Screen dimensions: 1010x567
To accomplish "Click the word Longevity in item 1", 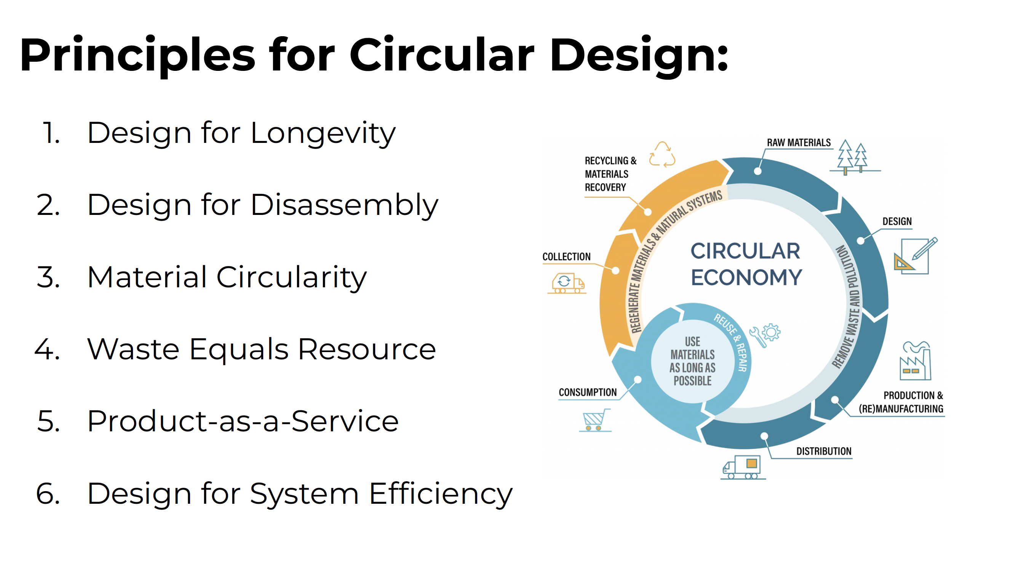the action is coord(323,134).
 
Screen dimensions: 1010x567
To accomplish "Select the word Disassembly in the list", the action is coord(345,206).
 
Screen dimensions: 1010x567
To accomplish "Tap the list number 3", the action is coord(49,277).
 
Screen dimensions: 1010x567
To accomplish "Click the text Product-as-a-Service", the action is coord(243,421).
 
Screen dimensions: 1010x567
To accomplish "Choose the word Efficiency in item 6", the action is coord(441,494).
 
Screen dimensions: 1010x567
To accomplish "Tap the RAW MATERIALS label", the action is coord(799,143).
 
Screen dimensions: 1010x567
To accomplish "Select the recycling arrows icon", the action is coord(662,154).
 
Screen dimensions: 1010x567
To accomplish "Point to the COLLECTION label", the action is coord(566,256).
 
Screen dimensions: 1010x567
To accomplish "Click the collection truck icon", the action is coord(567,283).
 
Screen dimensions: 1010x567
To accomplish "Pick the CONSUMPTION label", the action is coord(587,392).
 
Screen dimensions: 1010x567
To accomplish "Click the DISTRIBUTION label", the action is coord(823,451).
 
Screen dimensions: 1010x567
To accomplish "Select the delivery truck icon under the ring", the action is coord(743,467).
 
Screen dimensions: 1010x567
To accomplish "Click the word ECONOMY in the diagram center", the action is coord(746,278).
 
